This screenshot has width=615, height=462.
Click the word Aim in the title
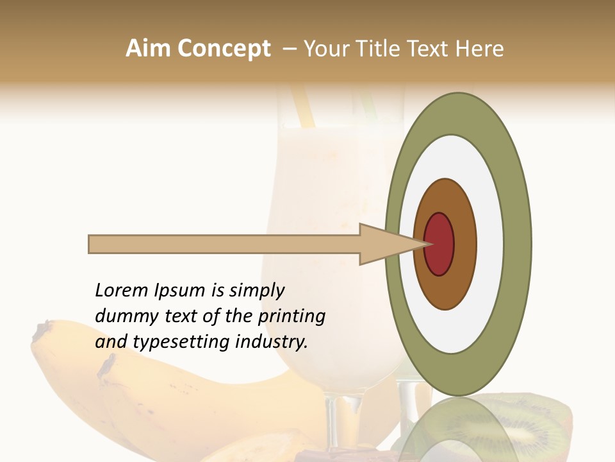click(149, 48)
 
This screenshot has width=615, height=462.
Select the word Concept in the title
click(224, 48)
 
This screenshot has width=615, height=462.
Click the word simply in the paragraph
click(256, 291)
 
